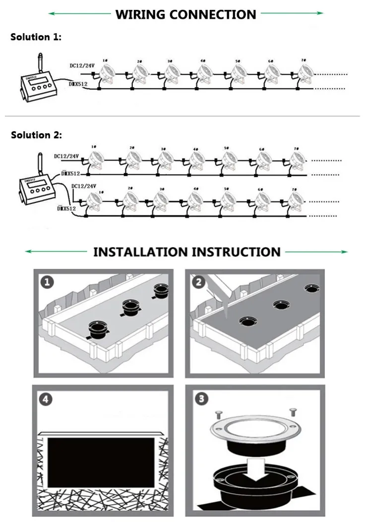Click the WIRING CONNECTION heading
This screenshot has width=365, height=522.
coord(185,14)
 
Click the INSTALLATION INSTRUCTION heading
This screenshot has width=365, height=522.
coord(186,252)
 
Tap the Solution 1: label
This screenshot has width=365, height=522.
coord(36,38)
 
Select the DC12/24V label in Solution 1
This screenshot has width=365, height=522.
coord(82,66)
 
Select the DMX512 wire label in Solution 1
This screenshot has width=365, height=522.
coord(78,84)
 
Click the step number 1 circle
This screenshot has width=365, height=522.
coord(46,282)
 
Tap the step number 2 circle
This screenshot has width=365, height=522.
coord(198,282)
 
